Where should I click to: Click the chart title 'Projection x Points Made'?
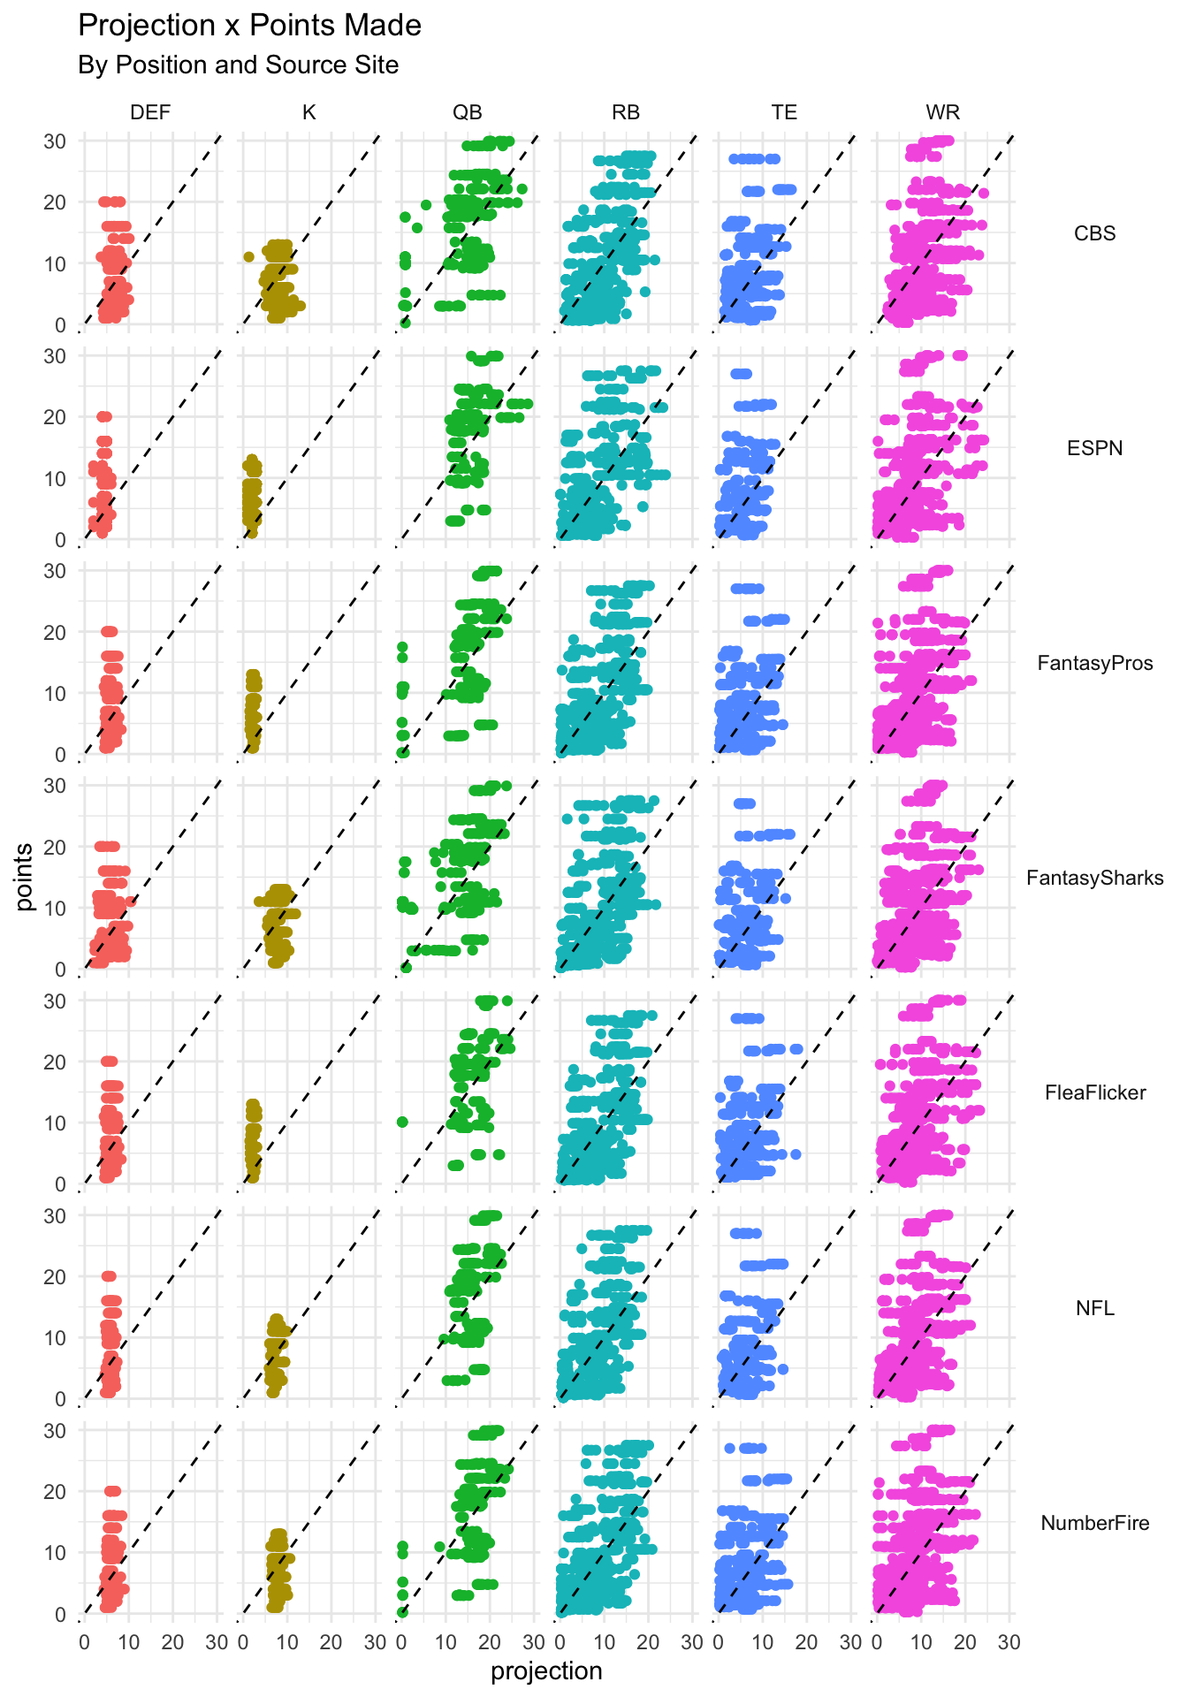[x=249, y=26]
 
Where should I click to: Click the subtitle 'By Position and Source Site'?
[x=238, y=65]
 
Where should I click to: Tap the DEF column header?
[x=150, y=112]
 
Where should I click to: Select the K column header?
[x=308, y=112]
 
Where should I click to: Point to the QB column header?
[x=468, y=112]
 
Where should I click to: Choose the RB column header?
[x=626, y=112]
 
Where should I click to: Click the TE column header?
[x=784, y=112]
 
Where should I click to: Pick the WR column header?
[x=942, y=112]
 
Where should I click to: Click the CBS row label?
[x=1094, y=233]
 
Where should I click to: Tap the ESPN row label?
[x=1094, y=448]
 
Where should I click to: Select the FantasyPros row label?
[x=1094, y=663]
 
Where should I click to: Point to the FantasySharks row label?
[x=1094, y=878]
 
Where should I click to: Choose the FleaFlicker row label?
[x=1094, y=1092]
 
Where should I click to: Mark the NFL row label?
[x=1094, y=1308]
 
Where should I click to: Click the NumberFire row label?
[x=1094, y=1523]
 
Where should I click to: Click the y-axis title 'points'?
[x=25, y=877]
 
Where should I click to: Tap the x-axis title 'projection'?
[x=546, y=1671]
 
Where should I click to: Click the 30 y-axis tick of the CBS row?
[x=55, y=141]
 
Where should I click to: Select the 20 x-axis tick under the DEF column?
[x=172, y=1643]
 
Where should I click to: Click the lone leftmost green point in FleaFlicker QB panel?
[x=402, y=1122]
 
